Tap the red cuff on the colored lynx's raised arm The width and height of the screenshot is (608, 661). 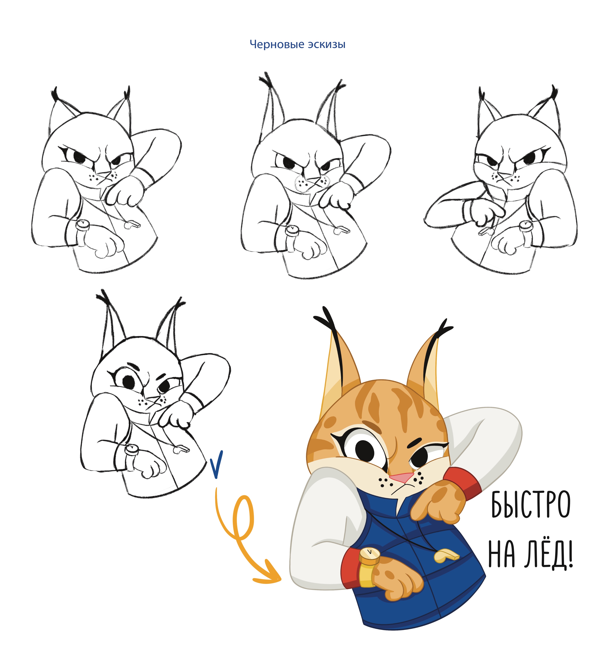tap(461, 484)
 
